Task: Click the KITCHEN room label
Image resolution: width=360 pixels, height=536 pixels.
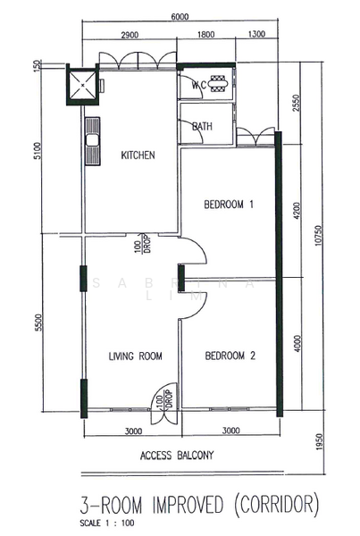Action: tap(138, 155)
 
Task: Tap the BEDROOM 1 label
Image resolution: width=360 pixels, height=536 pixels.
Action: tap(230, 205)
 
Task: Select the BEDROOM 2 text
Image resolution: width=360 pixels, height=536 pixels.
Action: tap(230, 356)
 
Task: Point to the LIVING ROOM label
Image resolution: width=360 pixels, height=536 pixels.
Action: tap(135, 356)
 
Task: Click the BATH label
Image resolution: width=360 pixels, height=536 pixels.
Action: tap(202, 127)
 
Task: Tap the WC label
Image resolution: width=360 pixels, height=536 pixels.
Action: tap(200, 86)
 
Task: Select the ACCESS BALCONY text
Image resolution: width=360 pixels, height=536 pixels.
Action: tap(177, 455)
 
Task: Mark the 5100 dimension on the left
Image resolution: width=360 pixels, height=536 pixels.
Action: tap(37, 152)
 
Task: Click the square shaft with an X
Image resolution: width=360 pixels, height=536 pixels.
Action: tap(82, 88)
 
